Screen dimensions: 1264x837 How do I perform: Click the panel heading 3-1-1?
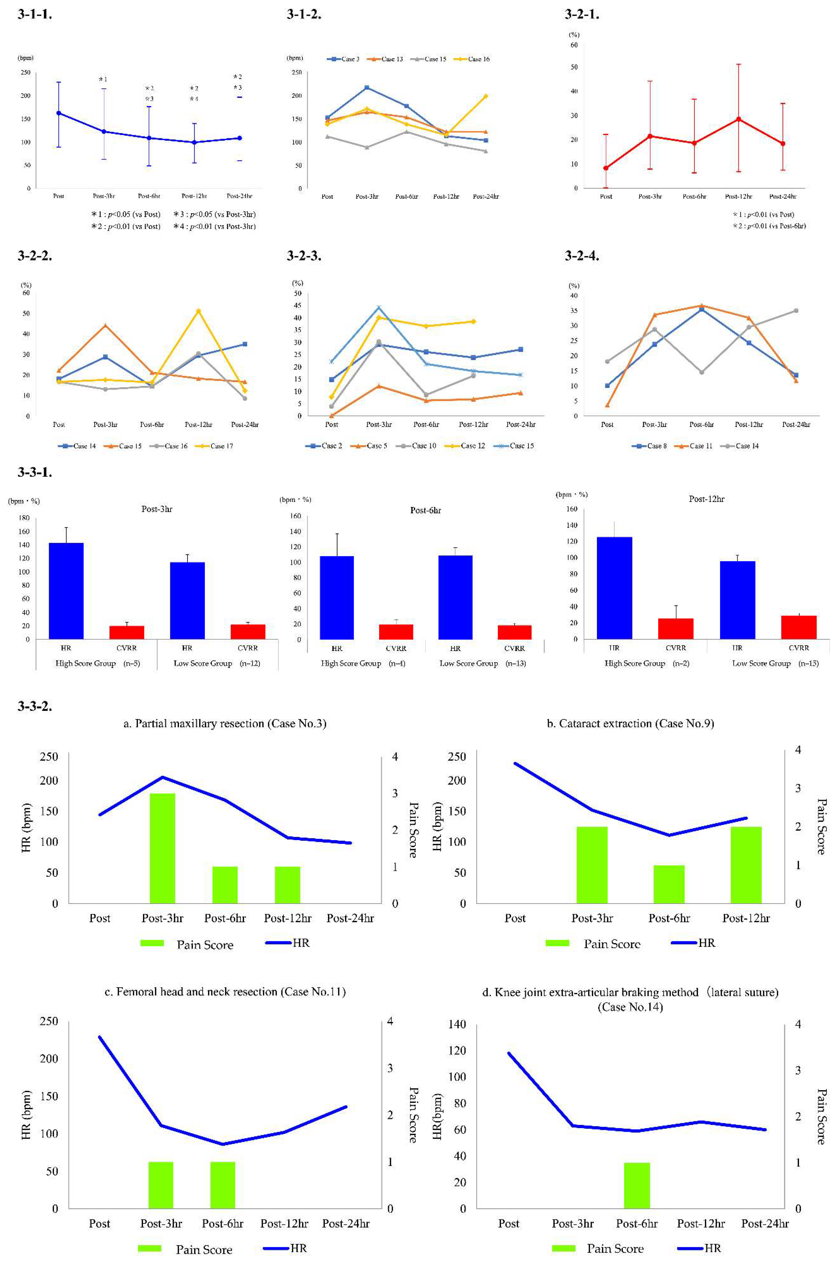tap(35, 15)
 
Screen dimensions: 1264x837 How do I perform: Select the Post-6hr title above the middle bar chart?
tap(425, 510)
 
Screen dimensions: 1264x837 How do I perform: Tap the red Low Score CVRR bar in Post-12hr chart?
tap(799, 627)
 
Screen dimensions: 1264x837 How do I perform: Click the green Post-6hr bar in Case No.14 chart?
tap(637, 1185)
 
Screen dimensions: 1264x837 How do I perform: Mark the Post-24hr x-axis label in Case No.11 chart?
tap(346, 1223)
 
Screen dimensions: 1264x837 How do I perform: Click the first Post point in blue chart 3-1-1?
tap(59, 113)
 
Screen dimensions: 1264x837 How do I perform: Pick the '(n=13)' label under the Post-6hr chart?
tap(516, 663)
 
